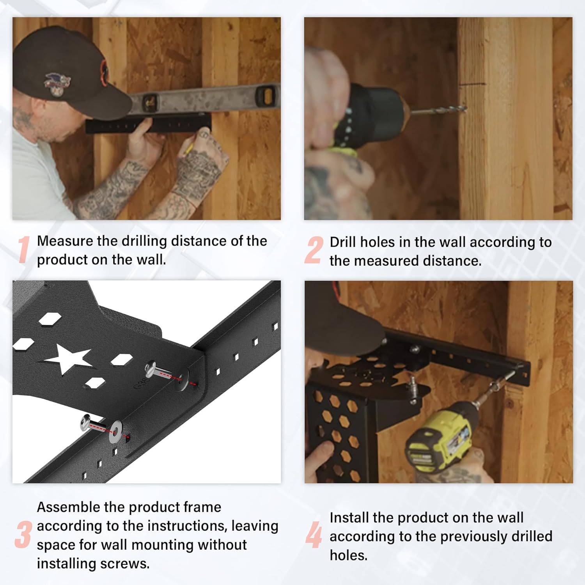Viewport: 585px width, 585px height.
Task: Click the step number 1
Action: click(24, 250)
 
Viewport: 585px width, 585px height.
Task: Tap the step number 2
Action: click(314, 250)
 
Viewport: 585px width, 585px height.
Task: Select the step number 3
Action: click(23, 535)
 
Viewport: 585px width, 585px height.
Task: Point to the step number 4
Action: click(314, 535)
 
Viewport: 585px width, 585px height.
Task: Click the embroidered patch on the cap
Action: click(57, 83)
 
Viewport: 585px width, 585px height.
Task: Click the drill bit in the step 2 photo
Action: click(439, 110)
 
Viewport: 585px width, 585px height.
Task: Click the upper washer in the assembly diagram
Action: click(184, 379)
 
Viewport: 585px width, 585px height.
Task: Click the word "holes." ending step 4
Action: click(349, 555)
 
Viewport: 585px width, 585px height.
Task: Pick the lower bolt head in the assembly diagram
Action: click(86, 422)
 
